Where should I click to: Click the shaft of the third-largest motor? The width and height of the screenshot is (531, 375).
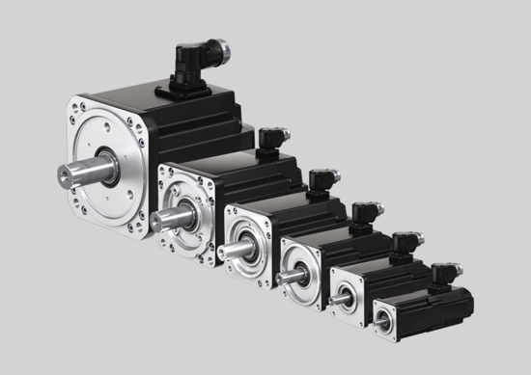231,251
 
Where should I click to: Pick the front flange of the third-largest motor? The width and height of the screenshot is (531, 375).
253,260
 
